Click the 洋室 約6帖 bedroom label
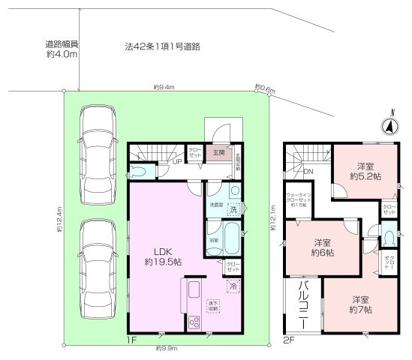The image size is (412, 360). coord(323,247)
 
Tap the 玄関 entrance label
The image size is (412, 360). coord(218,151)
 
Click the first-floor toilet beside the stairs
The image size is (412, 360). coord(143,170)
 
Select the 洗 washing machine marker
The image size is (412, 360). coord(233,209)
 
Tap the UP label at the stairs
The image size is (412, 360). coord(178,160)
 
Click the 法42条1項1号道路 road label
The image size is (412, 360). coord(162,46)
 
